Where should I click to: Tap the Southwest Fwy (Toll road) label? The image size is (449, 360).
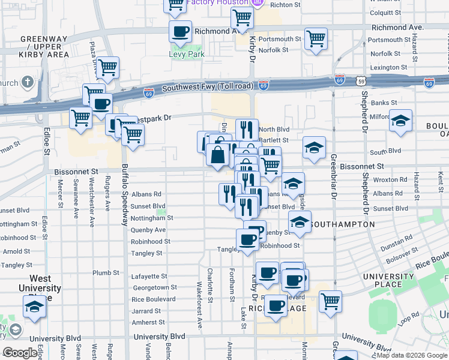point(207,86)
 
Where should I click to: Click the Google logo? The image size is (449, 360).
point(19,353)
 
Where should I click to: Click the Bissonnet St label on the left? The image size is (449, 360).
point(76,172)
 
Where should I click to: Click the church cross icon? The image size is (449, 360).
point(28,82)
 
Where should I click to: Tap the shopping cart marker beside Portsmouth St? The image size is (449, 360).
point(316,39)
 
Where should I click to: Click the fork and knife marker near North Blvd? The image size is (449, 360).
point(247,128)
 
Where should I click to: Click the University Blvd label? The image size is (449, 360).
point(159,337)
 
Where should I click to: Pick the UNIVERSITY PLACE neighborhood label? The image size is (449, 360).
point(388,280)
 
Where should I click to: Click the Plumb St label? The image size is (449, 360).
point(106,272)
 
